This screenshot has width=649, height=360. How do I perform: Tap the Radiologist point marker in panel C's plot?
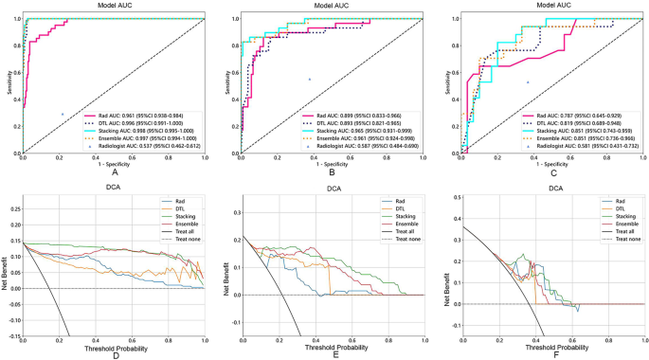(x=528, y=82)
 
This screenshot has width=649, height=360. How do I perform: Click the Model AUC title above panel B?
(x=331, y=5)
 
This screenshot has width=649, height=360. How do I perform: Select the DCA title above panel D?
(x=114, y=189)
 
